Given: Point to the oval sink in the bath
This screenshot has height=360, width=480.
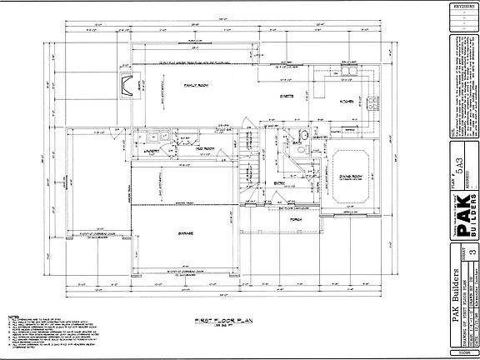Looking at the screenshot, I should [305, 135].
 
